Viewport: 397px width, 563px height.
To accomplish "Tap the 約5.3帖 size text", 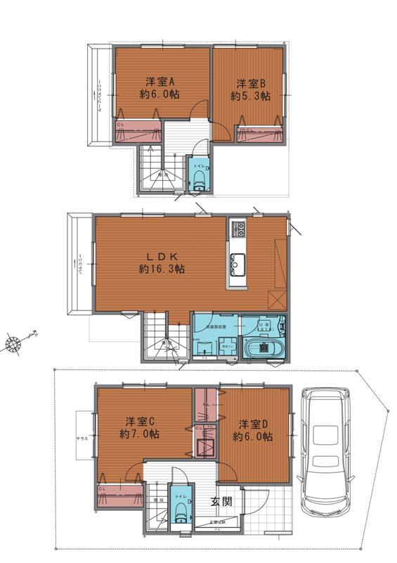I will (x=252, y=97).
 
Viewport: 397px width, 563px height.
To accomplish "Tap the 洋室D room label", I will (x=253, y=424).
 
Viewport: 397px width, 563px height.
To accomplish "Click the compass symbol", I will (x=14, y=343).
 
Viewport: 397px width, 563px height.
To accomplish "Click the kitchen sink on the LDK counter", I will (x=237, y=264).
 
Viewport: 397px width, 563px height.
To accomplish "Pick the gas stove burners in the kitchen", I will (x=237, y=229).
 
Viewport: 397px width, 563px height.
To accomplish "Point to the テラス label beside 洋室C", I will (x=82, y=438).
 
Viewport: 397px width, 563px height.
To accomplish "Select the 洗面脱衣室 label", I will (x=214, y=328).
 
